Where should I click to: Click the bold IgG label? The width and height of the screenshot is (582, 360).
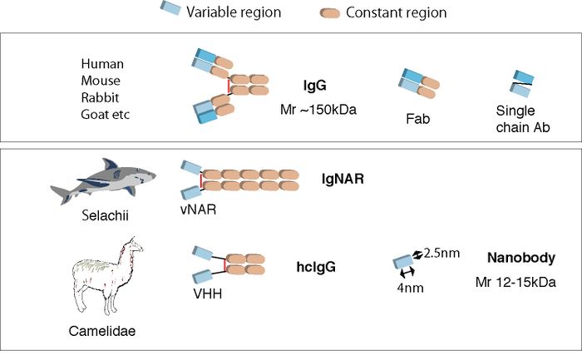(314, 86)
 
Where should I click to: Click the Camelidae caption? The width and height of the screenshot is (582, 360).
(103, 331)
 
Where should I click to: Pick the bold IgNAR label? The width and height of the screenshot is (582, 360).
(343, 178)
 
